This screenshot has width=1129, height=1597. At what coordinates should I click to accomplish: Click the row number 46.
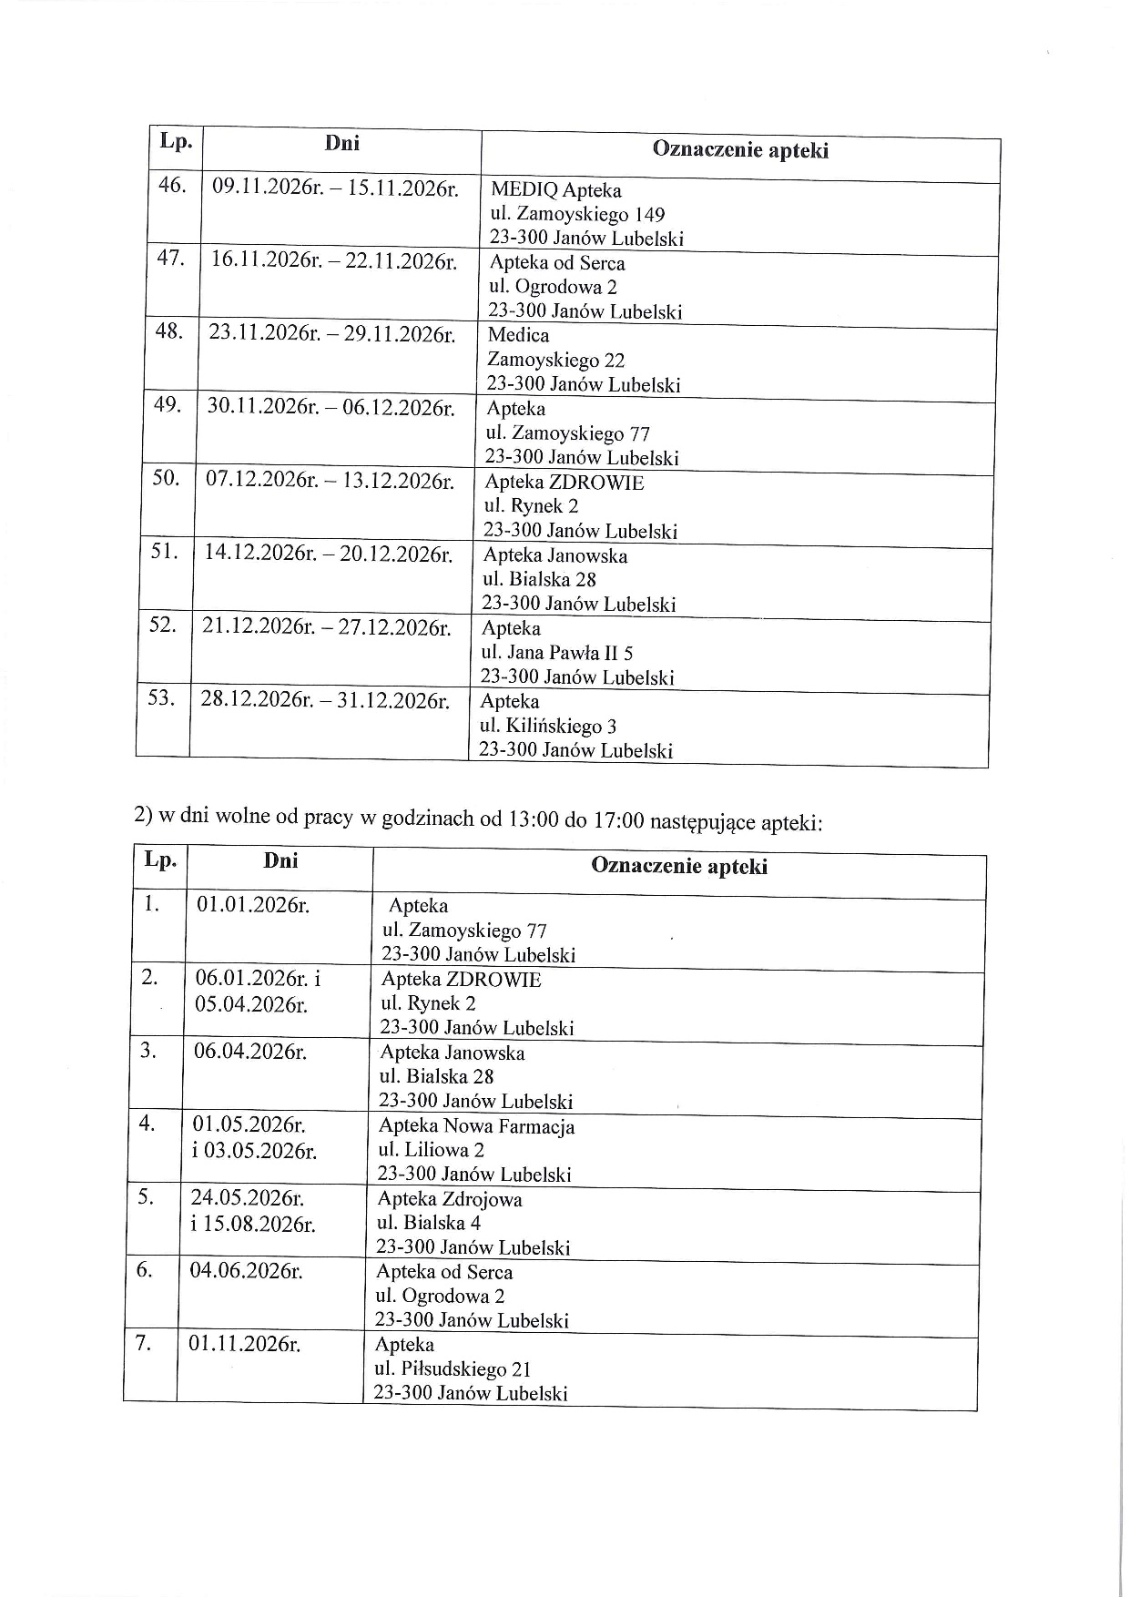[172, 186]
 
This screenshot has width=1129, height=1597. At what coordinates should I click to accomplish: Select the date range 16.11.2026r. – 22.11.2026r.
[332, 259]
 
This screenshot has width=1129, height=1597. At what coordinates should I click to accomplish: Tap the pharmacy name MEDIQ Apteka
[555, 190]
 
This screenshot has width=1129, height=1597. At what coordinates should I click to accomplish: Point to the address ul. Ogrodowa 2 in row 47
[553, 287]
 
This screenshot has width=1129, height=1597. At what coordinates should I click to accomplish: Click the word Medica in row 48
[518, 335]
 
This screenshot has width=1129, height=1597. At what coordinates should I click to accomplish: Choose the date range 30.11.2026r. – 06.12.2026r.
[331, 406]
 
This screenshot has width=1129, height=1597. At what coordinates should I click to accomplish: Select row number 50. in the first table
[166, 477]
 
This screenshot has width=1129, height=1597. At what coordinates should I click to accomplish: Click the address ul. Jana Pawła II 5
[556, 653]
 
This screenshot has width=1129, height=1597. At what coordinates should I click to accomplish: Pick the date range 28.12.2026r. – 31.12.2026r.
[325, 700]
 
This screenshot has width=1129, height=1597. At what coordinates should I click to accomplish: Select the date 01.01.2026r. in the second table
[253, 905]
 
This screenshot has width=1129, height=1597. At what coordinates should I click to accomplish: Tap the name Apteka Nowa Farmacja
[476, 1126]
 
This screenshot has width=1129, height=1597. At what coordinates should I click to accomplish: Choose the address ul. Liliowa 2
[432, 1150]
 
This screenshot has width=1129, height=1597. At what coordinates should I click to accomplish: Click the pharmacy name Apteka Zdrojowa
[450, 1199]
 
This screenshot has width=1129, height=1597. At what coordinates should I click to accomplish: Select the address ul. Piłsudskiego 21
[453, 1368]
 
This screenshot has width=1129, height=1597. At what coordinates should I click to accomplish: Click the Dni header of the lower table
[280, 860]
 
